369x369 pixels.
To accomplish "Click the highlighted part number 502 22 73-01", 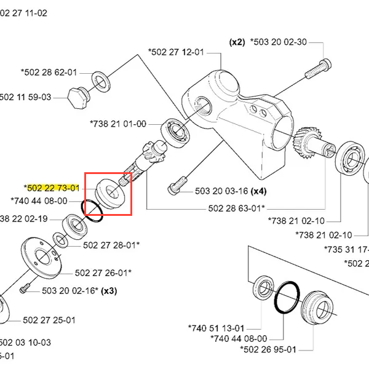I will (53, 188).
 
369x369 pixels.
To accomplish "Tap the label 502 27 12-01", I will (176, 52).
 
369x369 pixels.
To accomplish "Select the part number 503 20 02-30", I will (279, 42).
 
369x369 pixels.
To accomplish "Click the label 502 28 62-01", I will (50, 72).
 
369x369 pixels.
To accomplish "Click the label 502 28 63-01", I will (235, 208).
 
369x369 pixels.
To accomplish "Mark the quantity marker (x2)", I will (237, 42).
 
